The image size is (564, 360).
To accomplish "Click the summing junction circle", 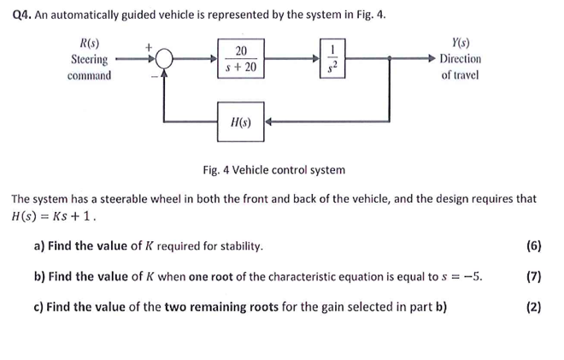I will pos(164,59).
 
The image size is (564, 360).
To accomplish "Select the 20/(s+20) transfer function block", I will pos(241,58).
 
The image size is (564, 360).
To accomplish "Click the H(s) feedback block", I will pos(241,121).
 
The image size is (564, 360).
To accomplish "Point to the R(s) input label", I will pos(89,44).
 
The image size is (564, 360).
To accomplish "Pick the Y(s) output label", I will pos(459,44).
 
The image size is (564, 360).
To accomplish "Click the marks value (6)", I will pos(534,246).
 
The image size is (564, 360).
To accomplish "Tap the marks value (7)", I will pos(534,277).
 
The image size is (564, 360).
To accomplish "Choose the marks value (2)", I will pos(534,308).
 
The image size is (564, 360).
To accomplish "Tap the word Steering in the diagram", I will pos(89,59).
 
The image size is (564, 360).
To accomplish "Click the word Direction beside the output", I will pos(460,59).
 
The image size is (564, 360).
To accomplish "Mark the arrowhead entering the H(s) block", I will pos(269,121).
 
